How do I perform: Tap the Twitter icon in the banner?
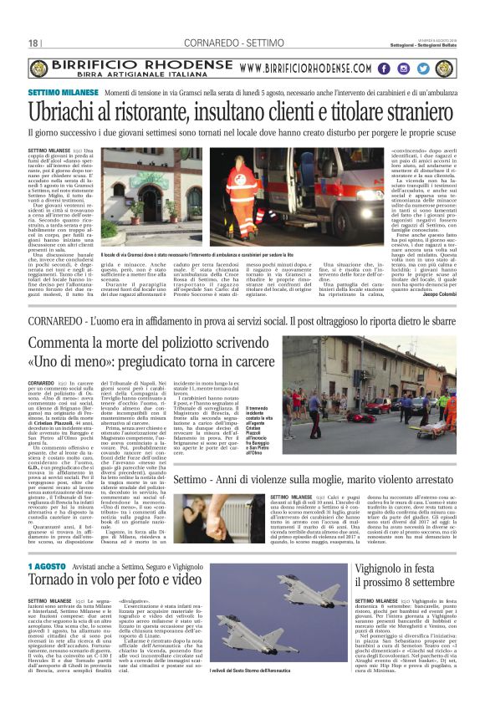click(420, 69)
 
